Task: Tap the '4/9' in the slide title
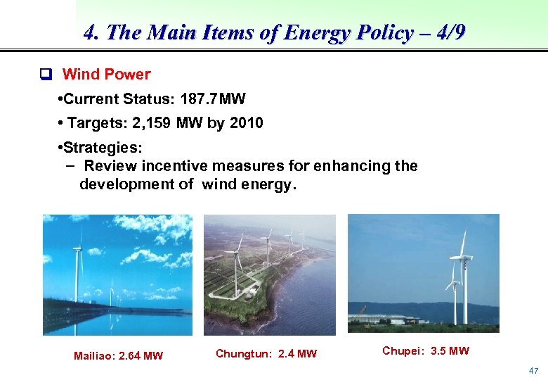[x=446, y=33]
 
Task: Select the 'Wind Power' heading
[x=106, y=75]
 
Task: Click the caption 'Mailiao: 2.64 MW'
[x=118, y=356]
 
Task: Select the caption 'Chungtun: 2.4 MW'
[x=266, y=353]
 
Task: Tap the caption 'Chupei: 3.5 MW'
[x=426, y=350]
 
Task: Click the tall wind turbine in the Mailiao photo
[x=79, y=274]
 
